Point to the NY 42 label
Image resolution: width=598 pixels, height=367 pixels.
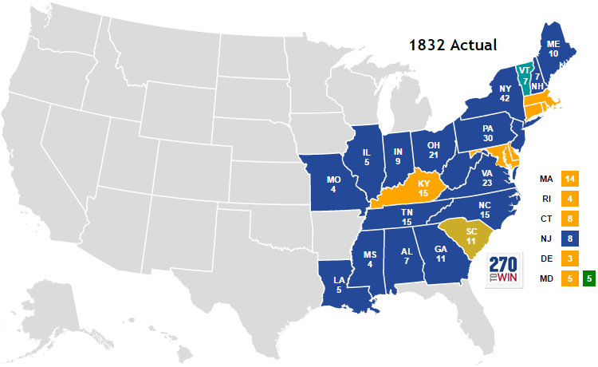click(x=504, y=93)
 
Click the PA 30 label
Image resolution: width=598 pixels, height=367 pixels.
click(x=489, y=132)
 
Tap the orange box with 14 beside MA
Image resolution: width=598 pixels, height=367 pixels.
click(x=568, y=177)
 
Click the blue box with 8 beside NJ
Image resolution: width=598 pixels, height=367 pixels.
click(x=568, y=237)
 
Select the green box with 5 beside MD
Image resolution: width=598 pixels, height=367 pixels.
click(x=589, y=278)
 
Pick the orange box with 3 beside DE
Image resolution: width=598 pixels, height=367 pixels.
click(x=568, y=258)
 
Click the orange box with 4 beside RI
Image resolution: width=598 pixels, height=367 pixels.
click(x=568, y=197)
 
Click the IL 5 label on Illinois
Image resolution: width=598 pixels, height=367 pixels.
click(x=366, y=157)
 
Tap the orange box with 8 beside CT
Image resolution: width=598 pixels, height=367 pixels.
click(x=568, y=217)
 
